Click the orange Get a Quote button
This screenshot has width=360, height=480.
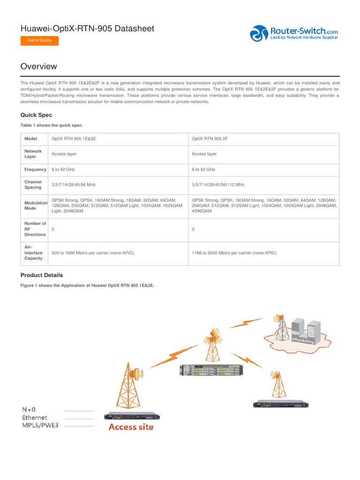(x=39, y=40)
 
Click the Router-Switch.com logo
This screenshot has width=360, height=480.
(x=293, y=34)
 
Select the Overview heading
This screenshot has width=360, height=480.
(x=39, y=67)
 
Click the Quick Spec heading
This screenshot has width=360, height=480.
(x=36, y=115)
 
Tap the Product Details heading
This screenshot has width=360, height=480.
(x=42, y=275)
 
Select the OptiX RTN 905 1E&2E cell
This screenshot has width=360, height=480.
(x=76, y=139)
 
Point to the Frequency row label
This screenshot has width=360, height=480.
(x=35, y=169)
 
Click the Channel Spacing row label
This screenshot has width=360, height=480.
(x=33, y=185)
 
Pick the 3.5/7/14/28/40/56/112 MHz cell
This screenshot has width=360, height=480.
(x=218, y=185)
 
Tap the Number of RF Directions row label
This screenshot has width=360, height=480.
(x=35, y=229)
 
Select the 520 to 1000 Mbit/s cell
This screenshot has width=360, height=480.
(x=93, y=253)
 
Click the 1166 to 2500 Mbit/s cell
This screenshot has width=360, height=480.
(x=234, y=253)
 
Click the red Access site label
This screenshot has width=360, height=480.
(x=131, y=427)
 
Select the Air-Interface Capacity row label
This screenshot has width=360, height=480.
(x=34, y=253)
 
